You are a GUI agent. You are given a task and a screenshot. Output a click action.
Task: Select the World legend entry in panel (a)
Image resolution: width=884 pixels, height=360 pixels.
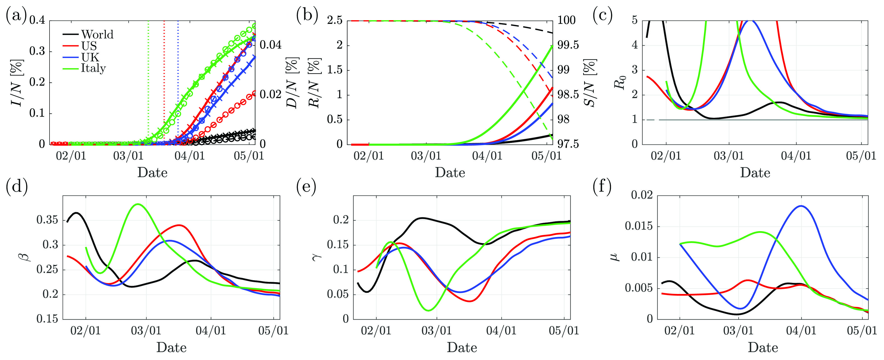(97, 34)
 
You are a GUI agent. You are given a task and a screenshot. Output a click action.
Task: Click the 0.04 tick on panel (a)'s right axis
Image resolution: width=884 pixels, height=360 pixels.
(271, 45)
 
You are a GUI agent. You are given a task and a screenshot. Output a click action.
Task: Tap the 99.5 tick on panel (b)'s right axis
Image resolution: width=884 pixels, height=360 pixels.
(568, 45)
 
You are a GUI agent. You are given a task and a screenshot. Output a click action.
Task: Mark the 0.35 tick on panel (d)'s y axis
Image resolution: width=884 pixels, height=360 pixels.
(47, 220)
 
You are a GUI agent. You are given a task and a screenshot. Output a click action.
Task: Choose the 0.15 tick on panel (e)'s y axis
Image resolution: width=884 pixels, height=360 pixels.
(338, 245)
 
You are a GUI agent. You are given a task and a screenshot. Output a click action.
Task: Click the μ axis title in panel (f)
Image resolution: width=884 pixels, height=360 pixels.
(616, 256)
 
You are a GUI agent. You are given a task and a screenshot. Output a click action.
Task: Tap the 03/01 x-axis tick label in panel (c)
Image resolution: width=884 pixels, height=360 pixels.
(729, 156)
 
